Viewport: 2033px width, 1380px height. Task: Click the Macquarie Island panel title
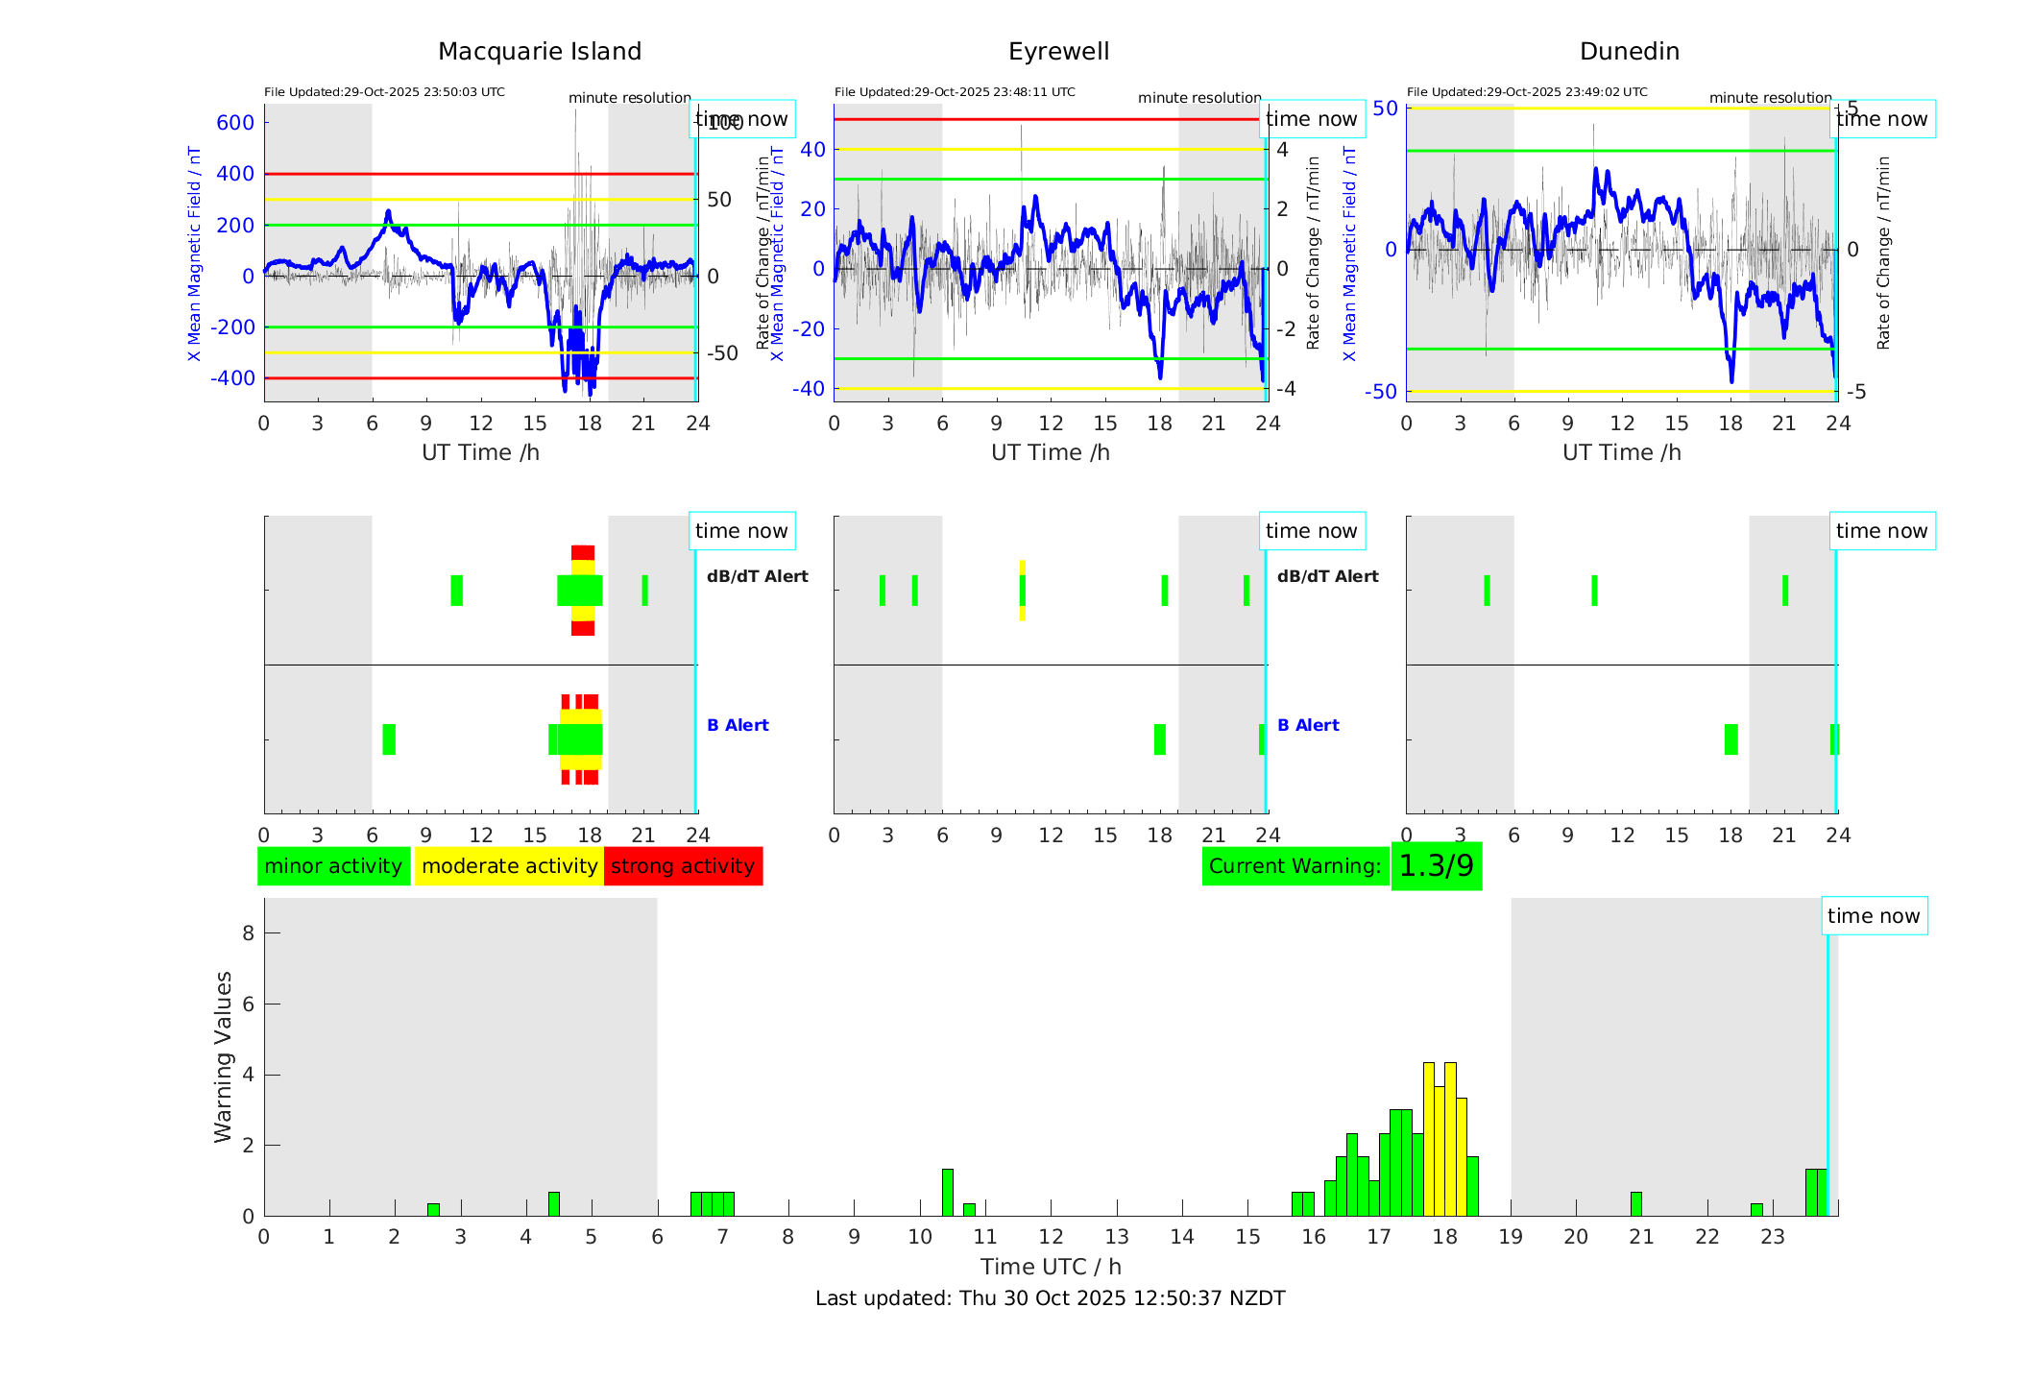[x=539, y=52]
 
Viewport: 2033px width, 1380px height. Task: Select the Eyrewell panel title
[x=1058, y=52]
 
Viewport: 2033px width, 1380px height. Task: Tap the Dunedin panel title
[x=1629, y=52]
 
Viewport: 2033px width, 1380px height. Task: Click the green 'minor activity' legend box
[x=333, y=866]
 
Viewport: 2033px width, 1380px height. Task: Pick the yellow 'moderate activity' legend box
[x=509, y=866]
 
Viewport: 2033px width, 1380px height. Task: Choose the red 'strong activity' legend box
[x=683, y=866]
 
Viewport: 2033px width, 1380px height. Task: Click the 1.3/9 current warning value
[x=1436, y=866]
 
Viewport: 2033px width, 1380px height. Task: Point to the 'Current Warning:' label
[x=1295, y=866]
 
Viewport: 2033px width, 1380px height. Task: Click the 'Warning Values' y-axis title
[x=224, y=1056]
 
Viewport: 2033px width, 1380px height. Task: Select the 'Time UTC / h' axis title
[x=1051, y=1267]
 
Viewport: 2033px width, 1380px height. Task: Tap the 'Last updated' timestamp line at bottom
[x=1050, y=1298]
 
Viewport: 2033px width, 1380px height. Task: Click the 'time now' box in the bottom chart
[x=1873, y=916]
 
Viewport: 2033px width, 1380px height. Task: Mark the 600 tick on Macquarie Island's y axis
[x=235, y=123]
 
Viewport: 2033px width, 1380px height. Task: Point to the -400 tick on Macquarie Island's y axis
[x=233, y=378]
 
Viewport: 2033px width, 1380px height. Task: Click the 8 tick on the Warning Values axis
[x=249, y=933]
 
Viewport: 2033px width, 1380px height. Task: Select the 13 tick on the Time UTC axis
[x=1116, y=1237]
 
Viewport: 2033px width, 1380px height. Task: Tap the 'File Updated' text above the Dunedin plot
[x=1527, y=92]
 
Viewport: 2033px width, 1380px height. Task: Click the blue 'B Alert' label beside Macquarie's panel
[x=738, y=725]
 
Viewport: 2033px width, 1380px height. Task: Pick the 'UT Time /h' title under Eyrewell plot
[x=1051, y=452]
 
